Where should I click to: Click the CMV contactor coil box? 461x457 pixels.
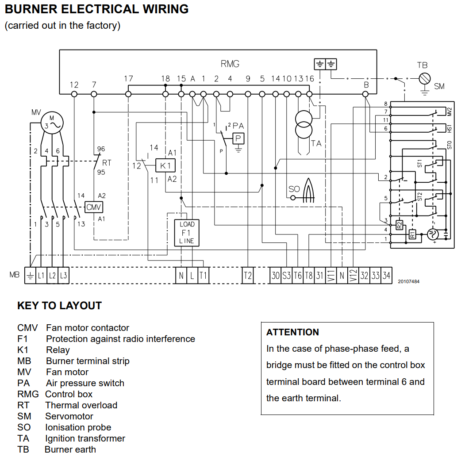[94, 207]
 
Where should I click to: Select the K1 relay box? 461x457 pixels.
[165, 166]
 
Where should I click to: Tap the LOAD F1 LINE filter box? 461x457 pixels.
[187, 233]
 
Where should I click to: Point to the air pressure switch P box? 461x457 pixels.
[238, 138]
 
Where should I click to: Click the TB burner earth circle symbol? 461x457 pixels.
[425, 78]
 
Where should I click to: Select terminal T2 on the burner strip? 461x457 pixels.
[247, 276]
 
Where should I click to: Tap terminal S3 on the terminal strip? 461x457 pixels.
[287, 276]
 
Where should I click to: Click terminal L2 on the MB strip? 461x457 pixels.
[52, 276]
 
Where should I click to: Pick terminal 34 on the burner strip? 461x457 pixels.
[386, 276]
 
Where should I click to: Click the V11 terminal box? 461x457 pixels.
[331, 276]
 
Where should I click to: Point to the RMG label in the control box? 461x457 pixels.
[230, 64]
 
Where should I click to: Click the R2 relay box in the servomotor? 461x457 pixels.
[399, 225]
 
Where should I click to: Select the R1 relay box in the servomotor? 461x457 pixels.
[412, 234]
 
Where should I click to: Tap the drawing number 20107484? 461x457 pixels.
[409, 281]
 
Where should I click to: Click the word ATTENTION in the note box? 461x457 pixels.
[292, 332]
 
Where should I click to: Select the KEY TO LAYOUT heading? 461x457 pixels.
[59, 306]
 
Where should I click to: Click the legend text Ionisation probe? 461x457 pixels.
[78, 427]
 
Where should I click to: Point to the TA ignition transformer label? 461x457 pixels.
[316, 143]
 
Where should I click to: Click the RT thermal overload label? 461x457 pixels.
[107, 162]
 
